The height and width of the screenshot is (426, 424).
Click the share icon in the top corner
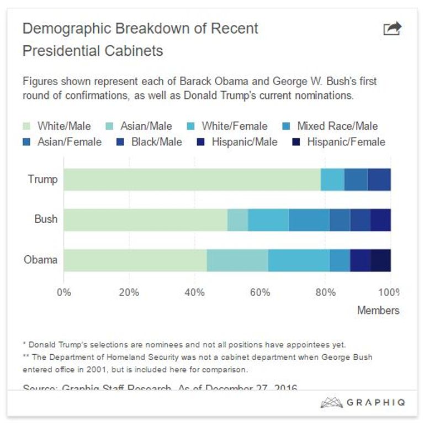pos(392,29)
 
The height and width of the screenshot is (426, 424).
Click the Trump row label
pos(43,179)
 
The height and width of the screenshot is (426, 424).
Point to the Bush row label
pos(45,219)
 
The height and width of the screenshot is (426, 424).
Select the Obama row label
pos(40,259)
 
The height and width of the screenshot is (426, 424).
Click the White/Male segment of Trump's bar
pos(192,180)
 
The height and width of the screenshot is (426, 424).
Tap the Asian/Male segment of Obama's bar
pos(237,260)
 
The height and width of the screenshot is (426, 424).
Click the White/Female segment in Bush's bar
pos(268,219)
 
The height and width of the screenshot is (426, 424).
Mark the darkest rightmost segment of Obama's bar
pos(380,260)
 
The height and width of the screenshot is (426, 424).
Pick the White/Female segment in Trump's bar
pos(332,180)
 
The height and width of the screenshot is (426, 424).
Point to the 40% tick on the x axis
pos(194,292)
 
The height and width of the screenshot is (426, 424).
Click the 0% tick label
pos(64,292)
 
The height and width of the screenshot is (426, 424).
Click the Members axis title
pos(378,311)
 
